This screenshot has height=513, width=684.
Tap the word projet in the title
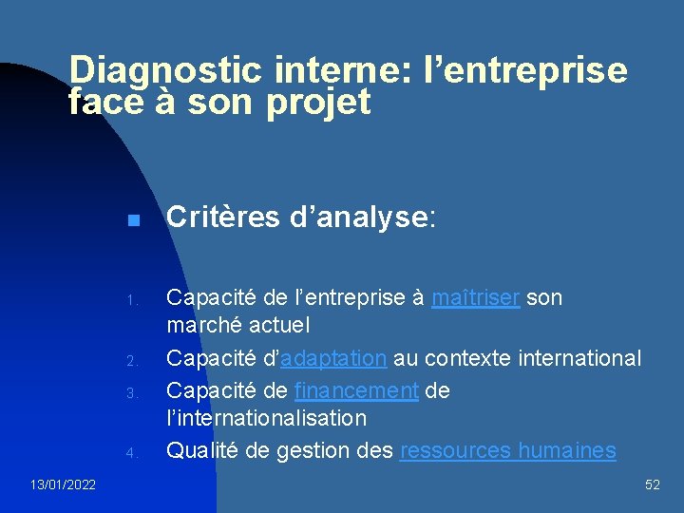(x=318, y=102)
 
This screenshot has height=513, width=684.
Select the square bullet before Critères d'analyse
(x=133, y=220)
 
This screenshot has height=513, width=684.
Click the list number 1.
(x=133, y=301)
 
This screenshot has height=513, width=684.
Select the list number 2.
(x=133, y=361)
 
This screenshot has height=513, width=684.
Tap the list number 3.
(x=133, y=392)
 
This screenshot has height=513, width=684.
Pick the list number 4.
(x=133, y=453)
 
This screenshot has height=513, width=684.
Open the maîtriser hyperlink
(x=475, y=297)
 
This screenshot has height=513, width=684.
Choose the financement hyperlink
(x=356, y=390)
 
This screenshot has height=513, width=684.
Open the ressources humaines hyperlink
(x=507, y=450)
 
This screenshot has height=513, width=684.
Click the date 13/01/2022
(x=62, y=485)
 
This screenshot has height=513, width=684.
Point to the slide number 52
(x=652, y=485)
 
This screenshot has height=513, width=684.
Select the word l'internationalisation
(x=266, y=417)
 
